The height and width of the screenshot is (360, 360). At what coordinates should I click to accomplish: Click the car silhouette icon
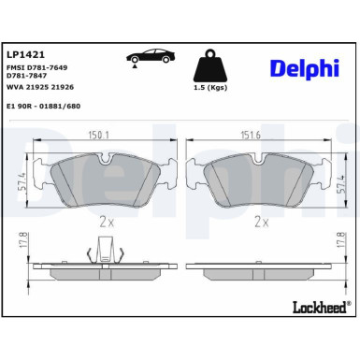[x=148, y=56]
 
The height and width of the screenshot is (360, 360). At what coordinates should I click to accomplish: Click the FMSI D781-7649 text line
[x=39, y=69]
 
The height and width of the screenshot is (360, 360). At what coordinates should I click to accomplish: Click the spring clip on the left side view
[x=105, y=252]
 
